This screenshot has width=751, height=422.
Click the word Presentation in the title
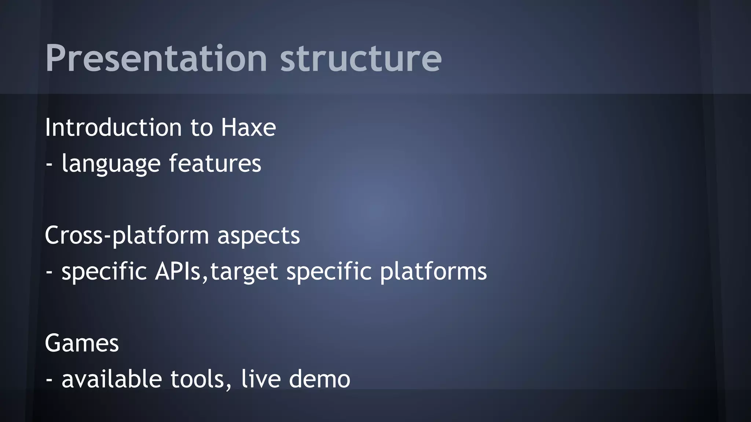pyautogui.click(x=156, y=59)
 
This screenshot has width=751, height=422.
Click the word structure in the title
pyautogui.click(x=361, y=59)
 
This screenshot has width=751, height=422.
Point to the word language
pyautogui.click(x=111, y=164)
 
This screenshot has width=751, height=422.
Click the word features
pyautogui.click(x=215, y=163)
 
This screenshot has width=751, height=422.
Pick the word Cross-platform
pyautogui.click(x=127, y=236)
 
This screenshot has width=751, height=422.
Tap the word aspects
pyautogui.click(x=259, y=236)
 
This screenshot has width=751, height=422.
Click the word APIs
pyautogui.click(x=178, y=271)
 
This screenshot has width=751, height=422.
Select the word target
pyautogui.click(x=244, y=272)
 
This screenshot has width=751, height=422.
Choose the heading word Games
pyautogui.click(x=82, y=343)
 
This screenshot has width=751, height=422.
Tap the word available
pyautogui.click(x=111, y=379)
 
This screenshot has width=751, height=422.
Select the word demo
pyautogui.click(x=319, y=379)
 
